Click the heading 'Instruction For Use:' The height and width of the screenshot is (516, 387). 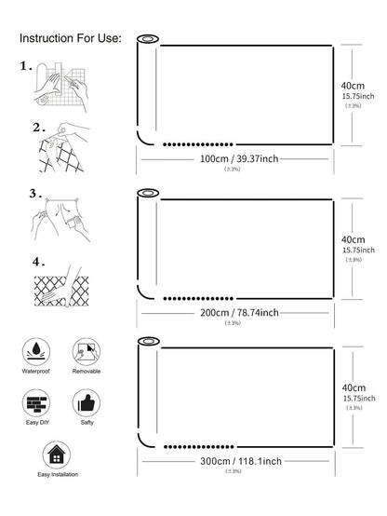(x=71, y=38)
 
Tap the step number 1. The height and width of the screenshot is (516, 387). (x=26, y=66)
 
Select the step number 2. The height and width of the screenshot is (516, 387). (x=39, y=128)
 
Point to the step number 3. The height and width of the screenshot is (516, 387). (x=35, y=193)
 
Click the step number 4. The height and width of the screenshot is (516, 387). (x=38, y=262)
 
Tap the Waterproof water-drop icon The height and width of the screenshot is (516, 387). (x=36, y=351)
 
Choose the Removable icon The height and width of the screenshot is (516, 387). (x=87, y=351)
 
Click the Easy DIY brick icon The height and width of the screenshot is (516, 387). (x=36, y=403)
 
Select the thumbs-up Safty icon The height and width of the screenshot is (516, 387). (x=87, y=403)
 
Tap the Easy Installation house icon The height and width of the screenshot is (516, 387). (x=57, y=455)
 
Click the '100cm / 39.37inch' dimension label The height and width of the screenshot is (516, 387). (x=239, y=159)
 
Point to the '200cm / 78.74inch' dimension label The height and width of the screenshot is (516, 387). (x=239, y=313)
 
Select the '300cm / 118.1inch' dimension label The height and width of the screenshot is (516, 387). (x=241, y=461)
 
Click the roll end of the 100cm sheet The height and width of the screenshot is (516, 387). (x=148, y=39)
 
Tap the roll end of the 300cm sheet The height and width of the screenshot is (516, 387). (x=149, y=341)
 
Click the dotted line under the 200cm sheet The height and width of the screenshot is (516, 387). (x=198, y=298)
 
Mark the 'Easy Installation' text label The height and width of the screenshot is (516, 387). (x=58, y=474)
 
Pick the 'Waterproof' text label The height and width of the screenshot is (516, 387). (x=36, y=372)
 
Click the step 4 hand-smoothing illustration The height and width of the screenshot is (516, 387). (x=61, y=287)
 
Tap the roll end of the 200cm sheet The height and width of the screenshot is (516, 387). (x=148, y=193)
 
